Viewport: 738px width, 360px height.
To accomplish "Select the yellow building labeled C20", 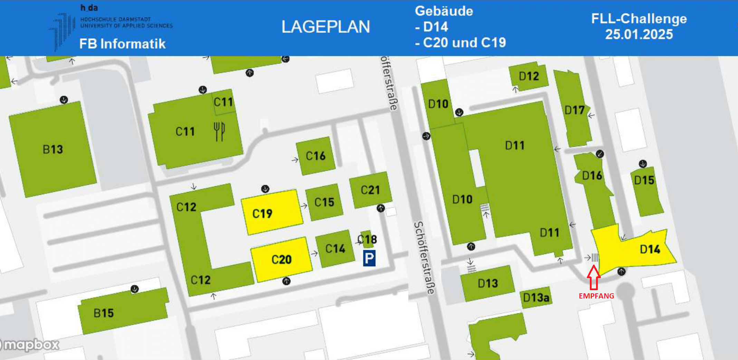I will click(x=281, y=259).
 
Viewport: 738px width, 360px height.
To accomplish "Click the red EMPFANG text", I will click(x=596, y=296).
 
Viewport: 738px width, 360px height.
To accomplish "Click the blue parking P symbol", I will click(x=369, y=258).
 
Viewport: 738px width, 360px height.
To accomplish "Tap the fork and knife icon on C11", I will click(x=219, y=131).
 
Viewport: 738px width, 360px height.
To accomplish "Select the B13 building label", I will click(x=53, y=149).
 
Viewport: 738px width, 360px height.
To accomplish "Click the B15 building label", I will click(x=104, y=313).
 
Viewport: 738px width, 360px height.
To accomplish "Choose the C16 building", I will click(x=316, y=156).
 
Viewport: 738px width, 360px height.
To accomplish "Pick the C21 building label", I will click(x=370, y=190).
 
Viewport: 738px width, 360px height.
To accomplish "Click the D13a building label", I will click(x=536, y=297).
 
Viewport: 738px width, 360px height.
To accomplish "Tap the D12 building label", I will click(x=529, y=76).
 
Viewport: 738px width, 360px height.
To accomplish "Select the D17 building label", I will click(x=574, y=110).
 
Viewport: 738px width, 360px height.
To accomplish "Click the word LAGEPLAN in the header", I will click(x=326, y=27).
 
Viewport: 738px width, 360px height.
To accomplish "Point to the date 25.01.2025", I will click(x=639, y=34).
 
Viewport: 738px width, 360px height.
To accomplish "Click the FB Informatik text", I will click(x=123, y=44).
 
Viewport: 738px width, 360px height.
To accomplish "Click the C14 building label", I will click(x=335, y=248).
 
